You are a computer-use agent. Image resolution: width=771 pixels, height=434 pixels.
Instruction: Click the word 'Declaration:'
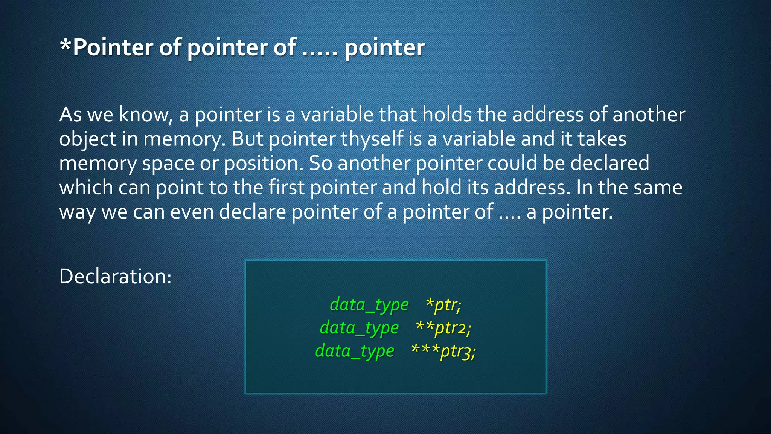115,276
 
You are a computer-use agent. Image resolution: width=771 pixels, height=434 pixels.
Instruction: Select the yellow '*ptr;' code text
443,304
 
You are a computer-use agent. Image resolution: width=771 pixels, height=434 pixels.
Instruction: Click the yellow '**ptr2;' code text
443,328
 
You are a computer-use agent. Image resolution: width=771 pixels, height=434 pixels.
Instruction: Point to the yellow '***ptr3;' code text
443,351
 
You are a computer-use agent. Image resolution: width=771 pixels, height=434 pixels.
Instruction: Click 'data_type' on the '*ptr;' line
369,304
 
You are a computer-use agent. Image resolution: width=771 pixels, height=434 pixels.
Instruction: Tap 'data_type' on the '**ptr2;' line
359,328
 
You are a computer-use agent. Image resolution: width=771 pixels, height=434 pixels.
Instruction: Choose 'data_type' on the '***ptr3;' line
355,351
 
